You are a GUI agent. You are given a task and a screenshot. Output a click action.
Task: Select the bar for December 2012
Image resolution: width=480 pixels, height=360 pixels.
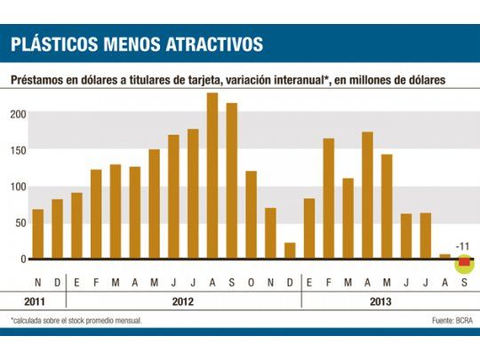click(290, 251)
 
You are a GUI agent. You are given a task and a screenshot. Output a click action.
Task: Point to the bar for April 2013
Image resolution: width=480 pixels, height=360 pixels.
click(367, 196)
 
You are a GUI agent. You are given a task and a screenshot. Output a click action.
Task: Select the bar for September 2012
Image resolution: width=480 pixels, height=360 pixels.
click(232, 181)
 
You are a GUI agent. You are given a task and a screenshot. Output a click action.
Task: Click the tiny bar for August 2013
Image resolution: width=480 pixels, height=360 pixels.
click(444, 256)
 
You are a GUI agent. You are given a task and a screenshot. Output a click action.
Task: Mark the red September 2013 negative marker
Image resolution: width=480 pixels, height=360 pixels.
click(464, 262)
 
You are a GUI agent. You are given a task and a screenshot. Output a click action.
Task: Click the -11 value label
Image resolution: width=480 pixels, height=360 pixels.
click(462, 246)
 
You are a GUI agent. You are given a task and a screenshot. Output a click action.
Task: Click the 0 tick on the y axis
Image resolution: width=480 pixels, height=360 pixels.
click(23, 260)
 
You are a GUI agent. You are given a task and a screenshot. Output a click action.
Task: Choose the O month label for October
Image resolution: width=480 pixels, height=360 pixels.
click(251, 282)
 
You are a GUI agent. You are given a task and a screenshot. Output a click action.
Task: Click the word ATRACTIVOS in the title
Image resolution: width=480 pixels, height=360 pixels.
click(200, 44)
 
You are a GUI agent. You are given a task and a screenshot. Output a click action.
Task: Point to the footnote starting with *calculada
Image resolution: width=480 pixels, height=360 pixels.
click(76, 319)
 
